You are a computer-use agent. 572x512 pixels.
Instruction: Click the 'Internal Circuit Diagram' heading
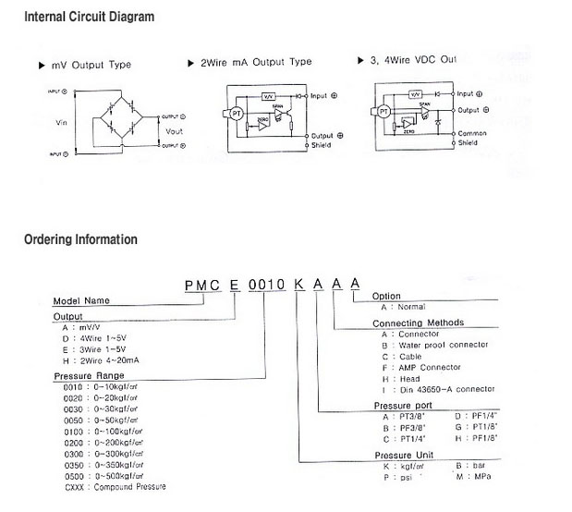click(89, 17)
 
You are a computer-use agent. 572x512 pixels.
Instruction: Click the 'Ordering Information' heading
click(80, 239)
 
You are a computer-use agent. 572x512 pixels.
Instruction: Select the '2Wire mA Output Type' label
click(256, 62)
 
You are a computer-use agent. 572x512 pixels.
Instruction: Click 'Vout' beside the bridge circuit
click(174, 131)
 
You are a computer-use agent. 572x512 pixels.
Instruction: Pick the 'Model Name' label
click(81, 300)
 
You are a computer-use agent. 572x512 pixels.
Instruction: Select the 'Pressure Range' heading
click(90, 377)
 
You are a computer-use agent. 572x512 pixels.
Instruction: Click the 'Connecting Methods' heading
click(418, 323)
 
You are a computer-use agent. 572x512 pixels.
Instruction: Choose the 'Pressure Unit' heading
click(404, 455)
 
